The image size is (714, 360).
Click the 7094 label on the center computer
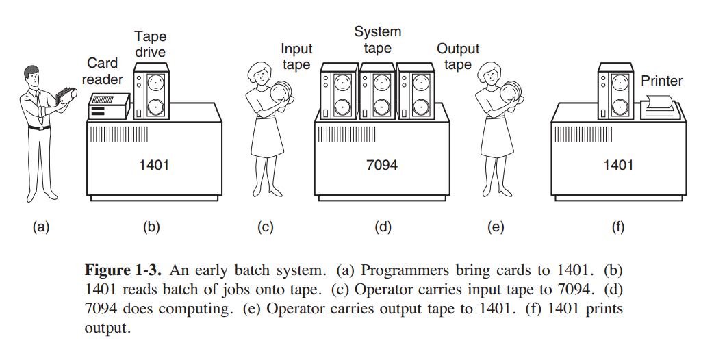(x=382, y=165)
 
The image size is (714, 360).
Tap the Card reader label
(x=105, y=71)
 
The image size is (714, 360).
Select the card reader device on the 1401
(x=108, y=106)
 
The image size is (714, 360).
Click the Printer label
(x=661, y=81)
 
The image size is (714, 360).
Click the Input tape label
(x=296, y=57)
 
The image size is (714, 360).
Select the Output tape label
(x=457, y=57)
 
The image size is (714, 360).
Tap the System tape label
(x=377, y=40)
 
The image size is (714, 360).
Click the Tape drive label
(x=150, y=44)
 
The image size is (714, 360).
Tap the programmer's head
(x=34, y=74)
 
